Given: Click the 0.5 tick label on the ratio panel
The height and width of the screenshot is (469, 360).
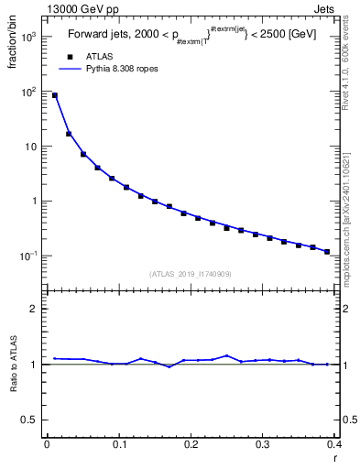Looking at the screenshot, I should [31, 420].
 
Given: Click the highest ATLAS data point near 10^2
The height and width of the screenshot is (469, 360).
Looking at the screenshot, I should [54, 95].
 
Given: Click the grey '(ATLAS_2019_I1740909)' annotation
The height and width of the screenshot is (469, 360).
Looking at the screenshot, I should [191, 273].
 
